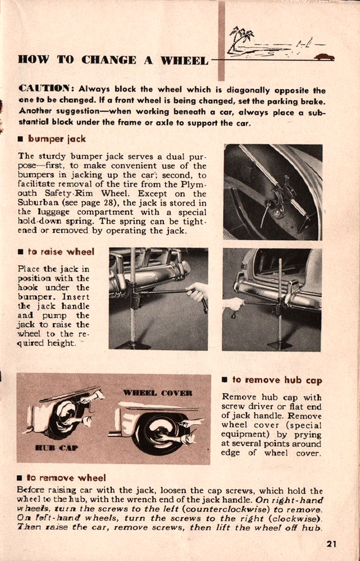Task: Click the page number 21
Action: point(331,542)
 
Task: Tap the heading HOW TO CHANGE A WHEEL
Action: point(112,59)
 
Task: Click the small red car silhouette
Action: point(324,57)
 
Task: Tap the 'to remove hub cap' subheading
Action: point(277,380)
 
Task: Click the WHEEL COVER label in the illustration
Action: point(158,392)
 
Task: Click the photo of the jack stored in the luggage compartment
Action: point(272,192)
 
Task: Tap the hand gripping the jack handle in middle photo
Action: point(196,292)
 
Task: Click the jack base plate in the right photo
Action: point(279,344)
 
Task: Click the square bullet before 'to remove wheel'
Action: point(20,479)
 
